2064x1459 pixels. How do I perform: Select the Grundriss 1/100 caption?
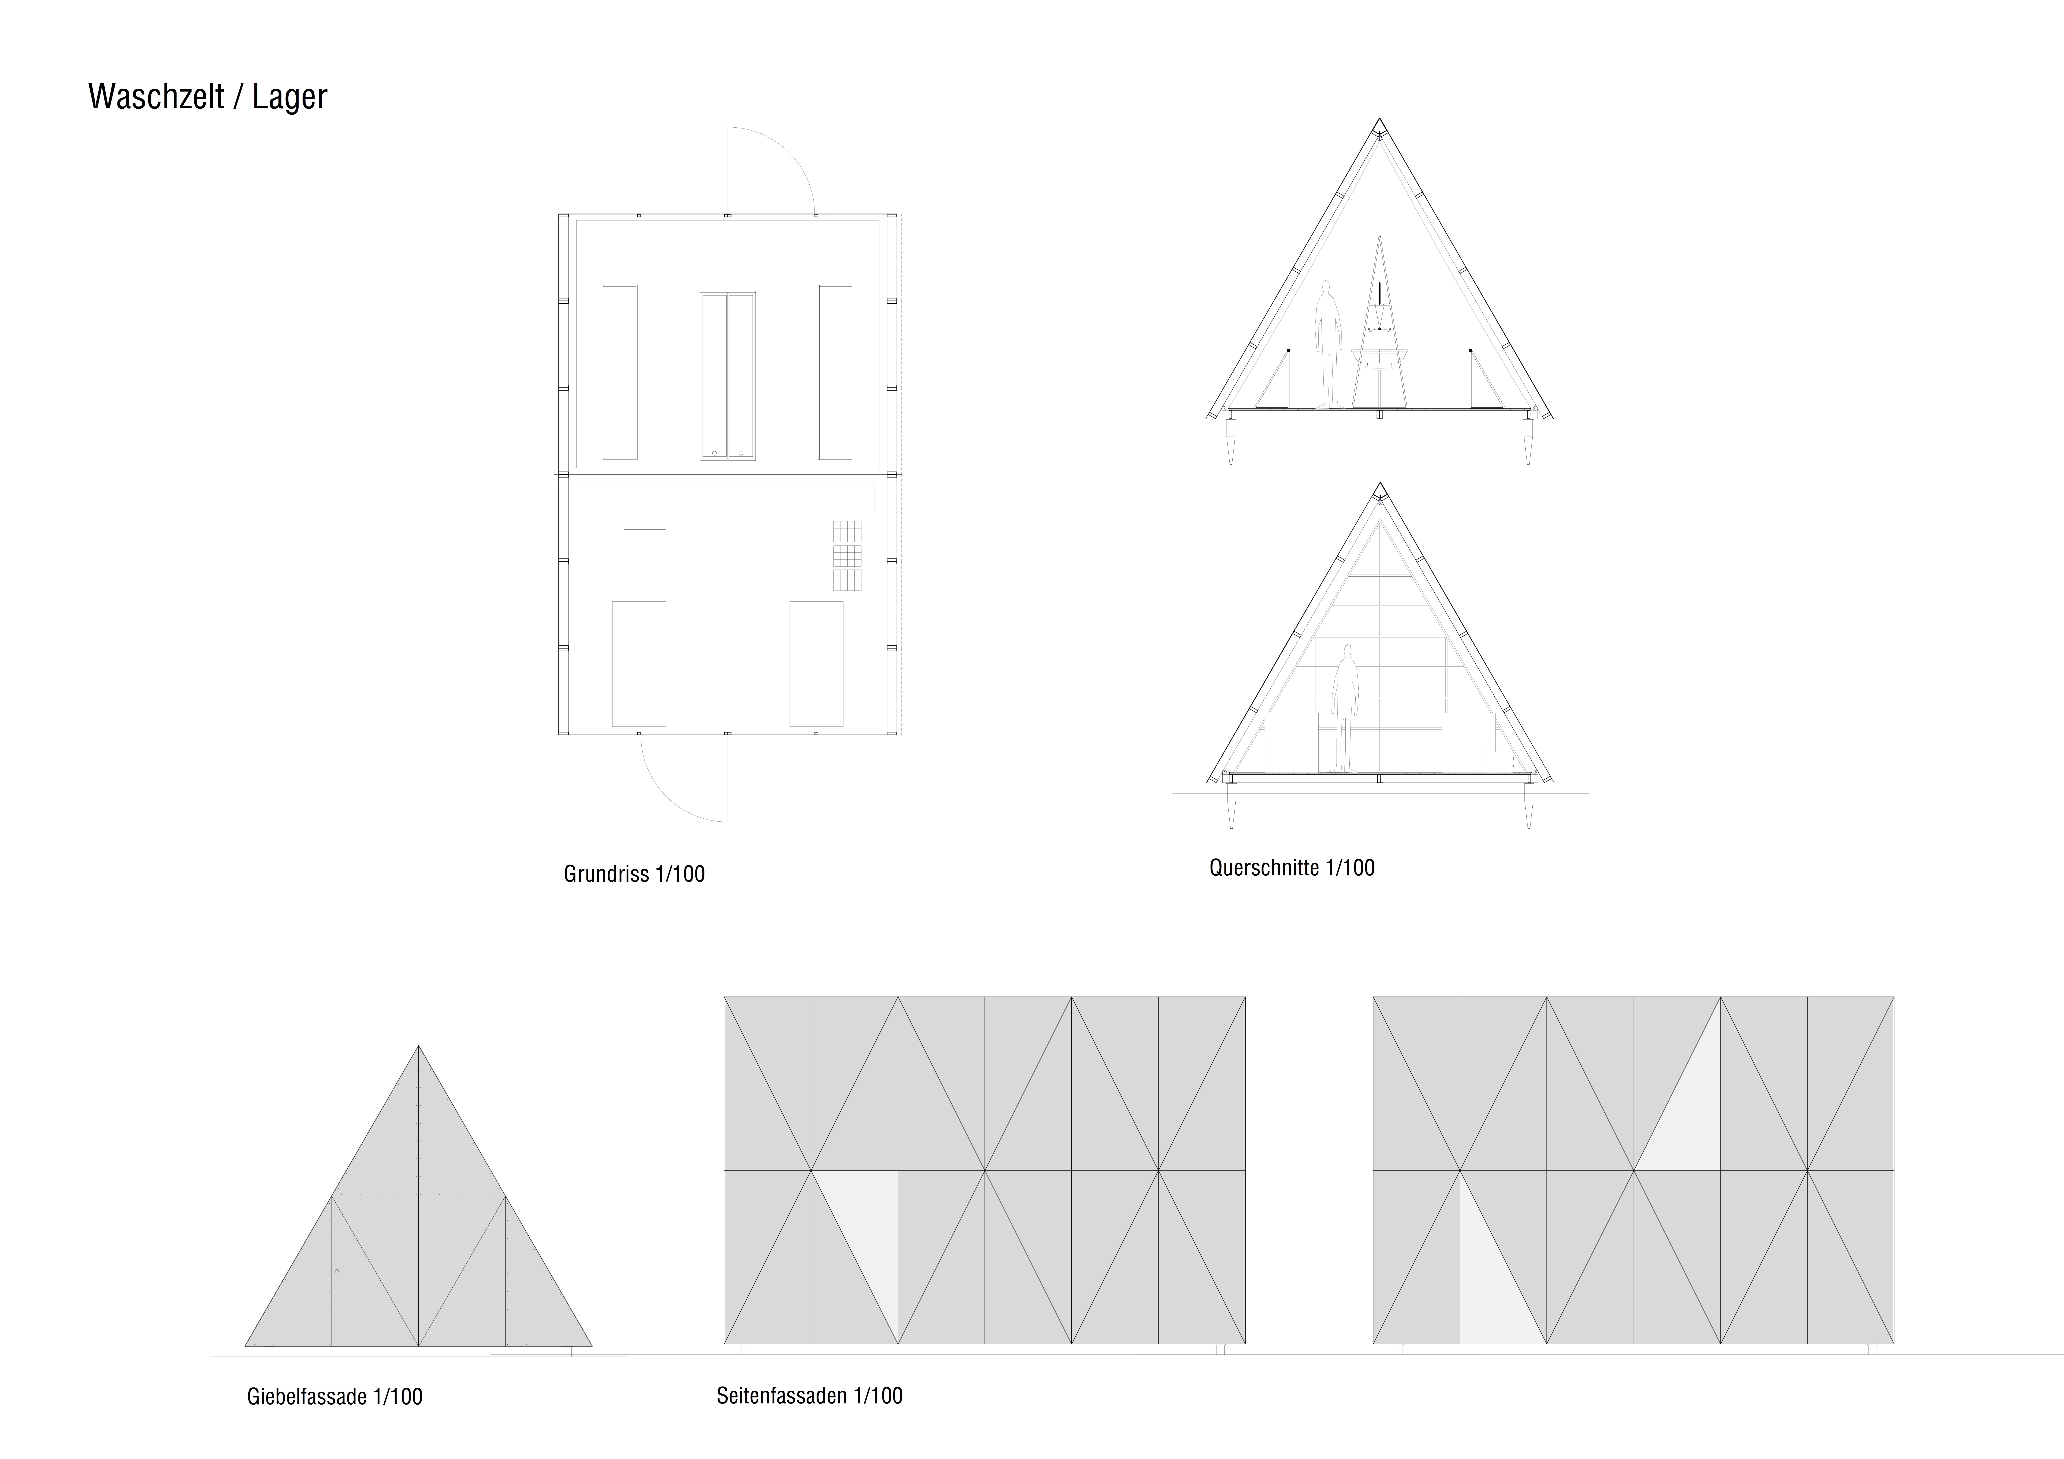(634, 874)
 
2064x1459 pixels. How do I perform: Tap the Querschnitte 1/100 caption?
(1292, 868)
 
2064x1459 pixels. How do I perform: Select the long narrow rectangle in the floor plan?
(727, 498)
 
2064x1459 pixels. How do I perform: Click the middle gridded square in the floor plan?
(847, 556)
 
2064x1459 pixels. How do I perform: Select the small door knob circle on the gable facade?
(336, 1271)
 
